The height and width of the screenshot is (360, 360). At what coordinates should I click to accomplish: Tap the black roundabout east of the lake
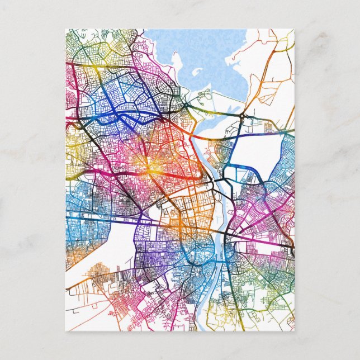[242, 116]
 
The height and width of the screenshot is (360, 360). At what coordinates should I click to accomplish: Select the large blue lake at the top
[224, 61]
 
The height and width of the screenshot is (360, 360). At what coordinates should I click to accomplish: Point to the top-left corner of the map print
[65, 30]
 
